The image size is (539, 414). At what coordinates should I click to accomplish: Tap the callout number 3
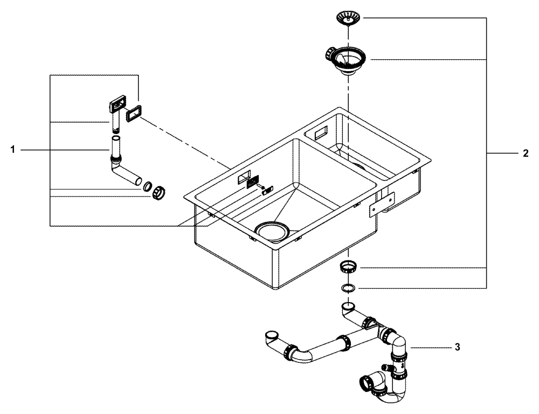457,347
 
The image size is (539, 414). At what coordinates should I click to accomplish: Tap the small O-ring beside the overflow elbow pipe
147,187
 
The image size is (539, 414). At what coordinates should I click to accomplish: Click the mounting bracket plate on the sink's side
381,204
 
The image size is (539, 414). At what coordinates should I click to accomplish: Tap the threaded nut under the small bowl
349,266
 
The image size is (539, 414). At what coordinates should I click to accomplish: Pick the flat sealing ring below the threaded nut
349,288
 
